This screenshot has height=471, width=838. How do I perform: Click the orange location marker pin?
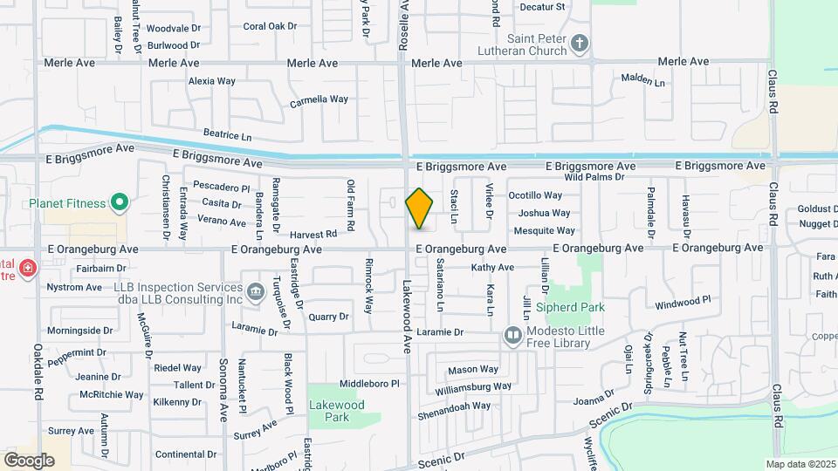[x=420, y=208]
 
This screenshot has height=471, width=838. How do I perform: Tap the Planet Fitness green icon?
[x=120, y=205]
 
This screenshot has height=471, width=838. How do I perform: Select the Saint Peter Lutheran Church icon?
[x=580, y=43]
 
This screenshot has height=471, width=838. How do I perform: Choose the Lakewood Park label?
[x=336, y=411]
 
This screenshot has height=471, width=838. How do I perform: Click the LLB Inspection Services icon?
[x=255, y=290]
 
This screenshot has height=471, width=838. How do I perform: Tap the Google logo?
[x=29, y=460]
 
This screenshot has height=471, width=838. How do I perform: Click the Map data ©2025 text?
[x=800, y=463]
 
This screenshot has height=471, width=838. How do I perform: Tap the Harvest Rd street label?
[x=313, y=234]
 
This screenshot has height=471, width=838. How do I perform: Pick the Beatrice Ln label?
[x=227, y=136]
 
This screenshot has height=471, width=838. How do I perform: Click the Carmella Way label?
[x=319, y=99]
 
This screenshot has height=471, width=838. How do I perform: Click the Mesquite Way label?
[x=544, y=231]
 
